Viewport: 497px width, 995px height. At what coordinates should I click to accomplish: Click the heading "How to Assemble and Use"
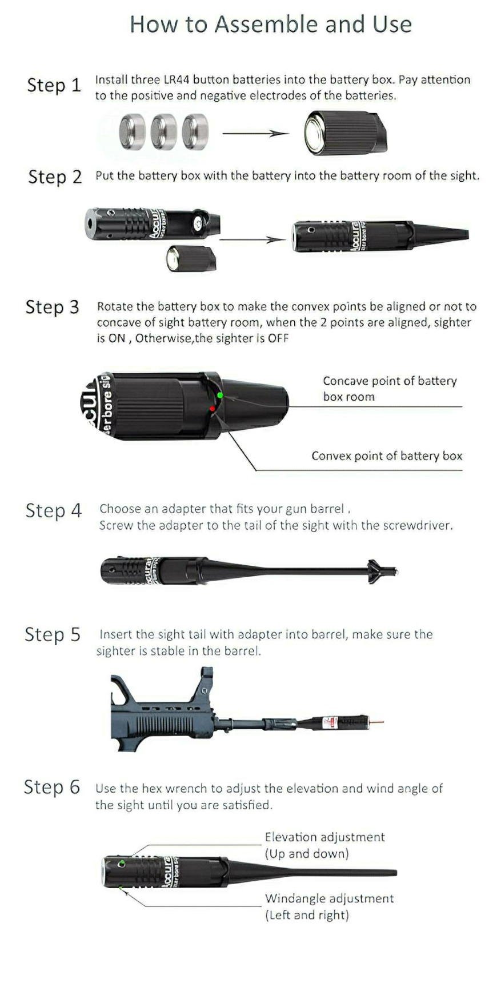point(271,25)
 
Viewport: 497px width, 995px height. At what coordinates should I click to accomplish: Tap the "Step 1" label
point(54,85)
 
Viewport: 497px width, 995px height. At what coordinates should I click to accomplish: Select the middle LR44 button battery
point(164,131)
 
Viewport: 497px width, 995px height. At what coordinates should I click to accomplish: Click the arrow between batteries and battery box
point(255,134)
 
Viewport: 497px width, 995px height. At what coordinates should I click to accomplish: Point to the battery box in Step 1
point(345,131)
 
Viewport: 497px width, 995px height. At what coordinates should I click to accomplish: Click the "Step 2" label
point(55,177)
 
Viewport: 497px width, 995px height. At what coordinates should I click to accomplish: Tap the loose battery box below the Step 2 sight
point(191,258)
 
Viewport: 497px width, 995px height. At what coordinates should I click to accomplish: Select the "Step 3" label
point(53,307)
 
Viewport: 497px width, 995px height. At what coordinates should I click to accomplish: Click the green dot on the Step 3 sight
point(220,395)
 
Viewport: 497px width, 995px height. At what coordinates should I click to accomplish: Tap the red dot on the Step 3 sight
point(213,409)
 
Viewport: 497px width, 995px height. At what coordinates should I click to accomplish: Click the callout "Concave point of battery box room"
point(390,389)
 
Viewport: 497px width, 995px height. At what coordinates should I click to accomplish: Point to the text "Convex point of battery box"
point(387,456)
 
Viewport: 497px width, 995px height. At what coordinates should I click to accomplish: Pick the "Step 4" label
point(54,510)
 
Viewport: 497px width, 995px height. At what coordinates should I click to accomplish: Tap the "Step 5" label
point(53,634)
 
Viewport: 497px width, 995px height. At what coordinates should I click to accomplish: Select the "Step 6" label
point(51,787)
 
